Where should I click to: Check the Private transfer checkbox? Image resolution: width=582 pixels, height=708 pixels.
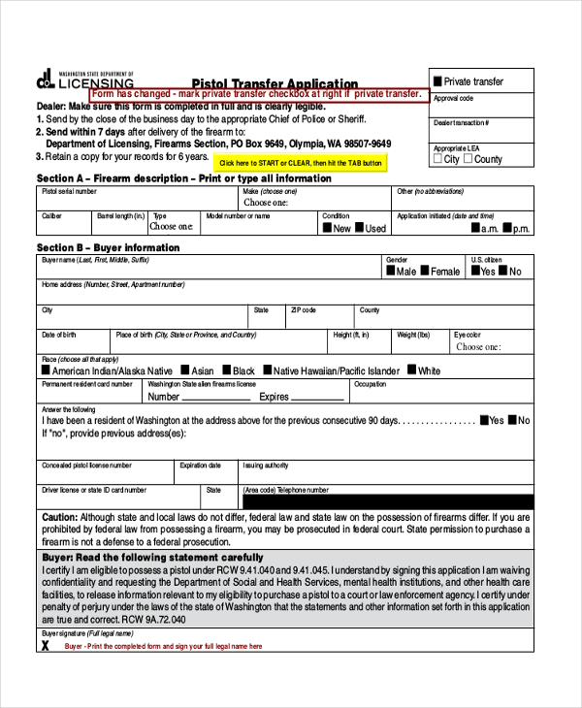[x=437, y=81]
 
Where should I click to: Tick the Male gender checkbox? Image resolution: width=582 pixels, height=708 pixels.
[x=391, y=272]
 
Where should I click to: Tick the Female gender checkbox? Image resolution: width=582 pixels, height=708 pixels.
[x=425, y=272]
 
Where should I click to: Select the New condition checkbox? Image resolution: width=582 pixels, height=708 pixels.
[x=328, y=228]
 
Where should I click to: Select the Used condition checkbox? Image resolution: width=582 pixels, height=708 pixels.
[x=360, y=228]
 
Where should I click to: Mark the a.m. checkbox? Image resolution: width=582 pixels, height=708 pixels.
[x=476, y=228]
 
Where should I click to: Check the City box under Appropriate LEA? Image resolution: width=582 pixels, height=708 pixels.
[x=438, y=159]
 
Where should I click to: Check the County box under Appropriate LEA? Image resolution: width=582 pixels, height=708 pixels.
[x=469, y=159]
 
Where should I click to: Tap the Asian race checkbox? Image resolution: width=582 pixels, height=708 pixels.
[x=183, y=370]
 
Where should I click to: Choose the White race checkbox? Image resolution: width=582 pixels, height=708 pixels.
[x=412, y=370]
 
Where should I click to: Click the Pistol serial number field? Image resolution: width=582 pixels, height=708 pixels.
[x=135, y=203]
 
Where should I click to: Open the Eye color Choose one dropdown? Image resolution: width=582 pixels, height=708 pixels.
[x=490, y=346]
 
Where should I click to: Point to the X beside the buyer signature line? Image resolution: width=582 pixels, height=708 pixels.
[x=45, y=644]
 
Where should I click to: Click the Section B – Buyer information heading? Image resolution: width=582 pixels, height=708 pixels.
[x=108, y=247]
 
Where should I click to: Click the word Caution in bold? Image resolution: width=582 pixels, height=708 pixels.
[x=59, y=518]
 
